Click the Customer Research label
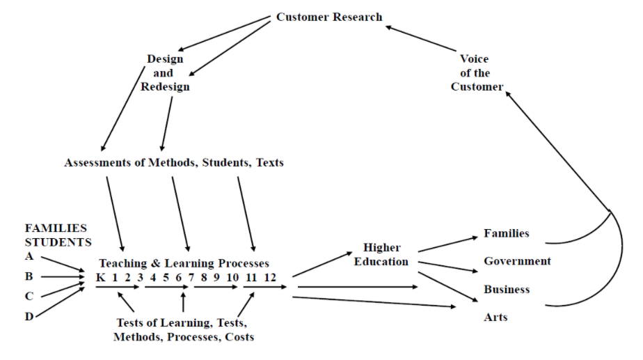point(329,17)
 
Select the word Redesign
point(165,87)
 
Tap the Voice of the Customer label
point(476,73)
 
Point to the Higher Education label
point(381,255)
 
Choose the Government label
point(517,261)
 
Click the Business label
point(507,289)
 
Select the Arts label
point(495,318)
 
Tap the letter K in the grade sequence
point(101,277)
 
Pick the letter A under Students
point(29,256)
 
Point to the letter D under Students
point(29,318)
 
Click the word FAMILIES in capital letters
point(56,228)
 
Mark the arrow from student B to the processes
point(63,276)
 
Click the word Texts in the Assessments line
point(269,163)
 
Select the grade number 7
point(190,277)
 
